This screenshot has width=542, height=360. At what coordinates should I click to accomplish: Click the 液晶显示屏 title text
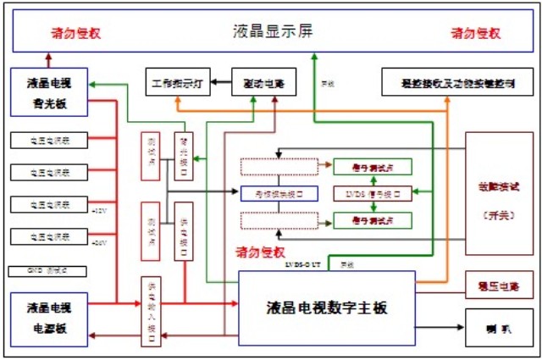coord(273,31)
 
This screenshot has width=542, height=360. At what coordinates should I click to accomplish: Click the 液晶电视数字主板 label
coord(326,307)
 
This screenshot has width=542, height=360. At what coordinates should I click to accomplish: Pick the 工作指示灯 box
coord(177,84)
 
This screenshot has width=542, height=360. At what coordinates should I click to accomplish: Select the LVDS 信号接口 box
coord(373,192)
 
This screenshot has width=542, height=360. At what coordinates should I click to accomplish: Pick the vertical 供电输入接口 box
coord(151,311)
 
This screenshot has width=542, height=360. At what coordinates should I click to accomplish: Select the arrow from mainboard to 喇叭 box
coord(440,326)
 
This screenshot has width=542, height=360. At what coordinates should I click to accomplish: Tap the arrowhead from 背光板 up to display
coord(47,58)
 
